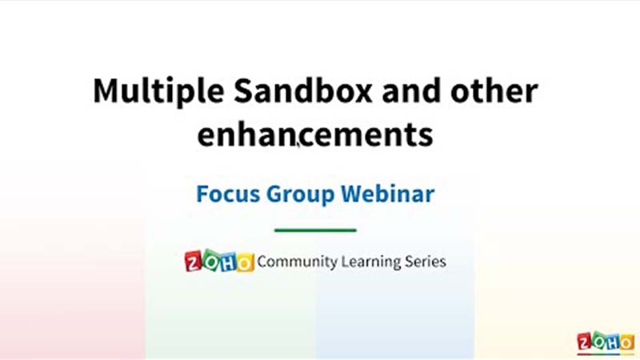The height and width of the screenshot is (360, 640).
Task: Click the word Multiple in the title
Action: (158, 91)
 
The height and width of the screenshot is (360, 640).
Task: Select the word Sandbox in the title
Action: (303, 90)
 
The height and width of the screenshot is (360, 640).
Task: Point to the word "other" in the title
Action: (494, 90)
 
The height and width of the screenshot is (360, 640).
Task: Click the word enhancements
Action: (315, 134)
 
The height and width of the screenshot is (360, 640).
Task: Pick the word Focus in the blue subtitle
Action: (228, 194)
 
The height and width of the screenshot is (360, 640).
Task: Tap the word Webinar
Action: (388, 194)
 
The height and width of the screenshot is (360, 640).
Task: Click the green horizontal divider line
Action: (315, 230)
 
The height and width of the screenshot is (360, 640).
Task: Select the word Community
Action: (297, 262)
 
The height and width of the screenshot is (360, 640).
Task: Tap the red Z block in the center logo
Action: (194, 262)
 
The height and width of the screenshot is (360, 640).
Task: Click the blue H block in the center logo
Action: (228, 262)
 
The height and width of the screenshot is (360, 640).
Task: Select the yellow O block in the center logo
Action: (246, 262)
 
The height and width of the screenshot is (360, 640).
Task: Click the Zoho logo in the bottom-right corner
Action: (606, 343)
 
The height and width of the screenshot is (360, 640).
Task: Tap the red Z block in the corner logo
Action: (585, 342)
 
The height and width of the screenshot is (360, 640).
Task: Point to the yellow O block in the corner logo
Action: (627, 343)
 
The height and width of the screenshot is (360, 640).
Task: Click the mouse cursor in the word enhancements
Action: (298, 144)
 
